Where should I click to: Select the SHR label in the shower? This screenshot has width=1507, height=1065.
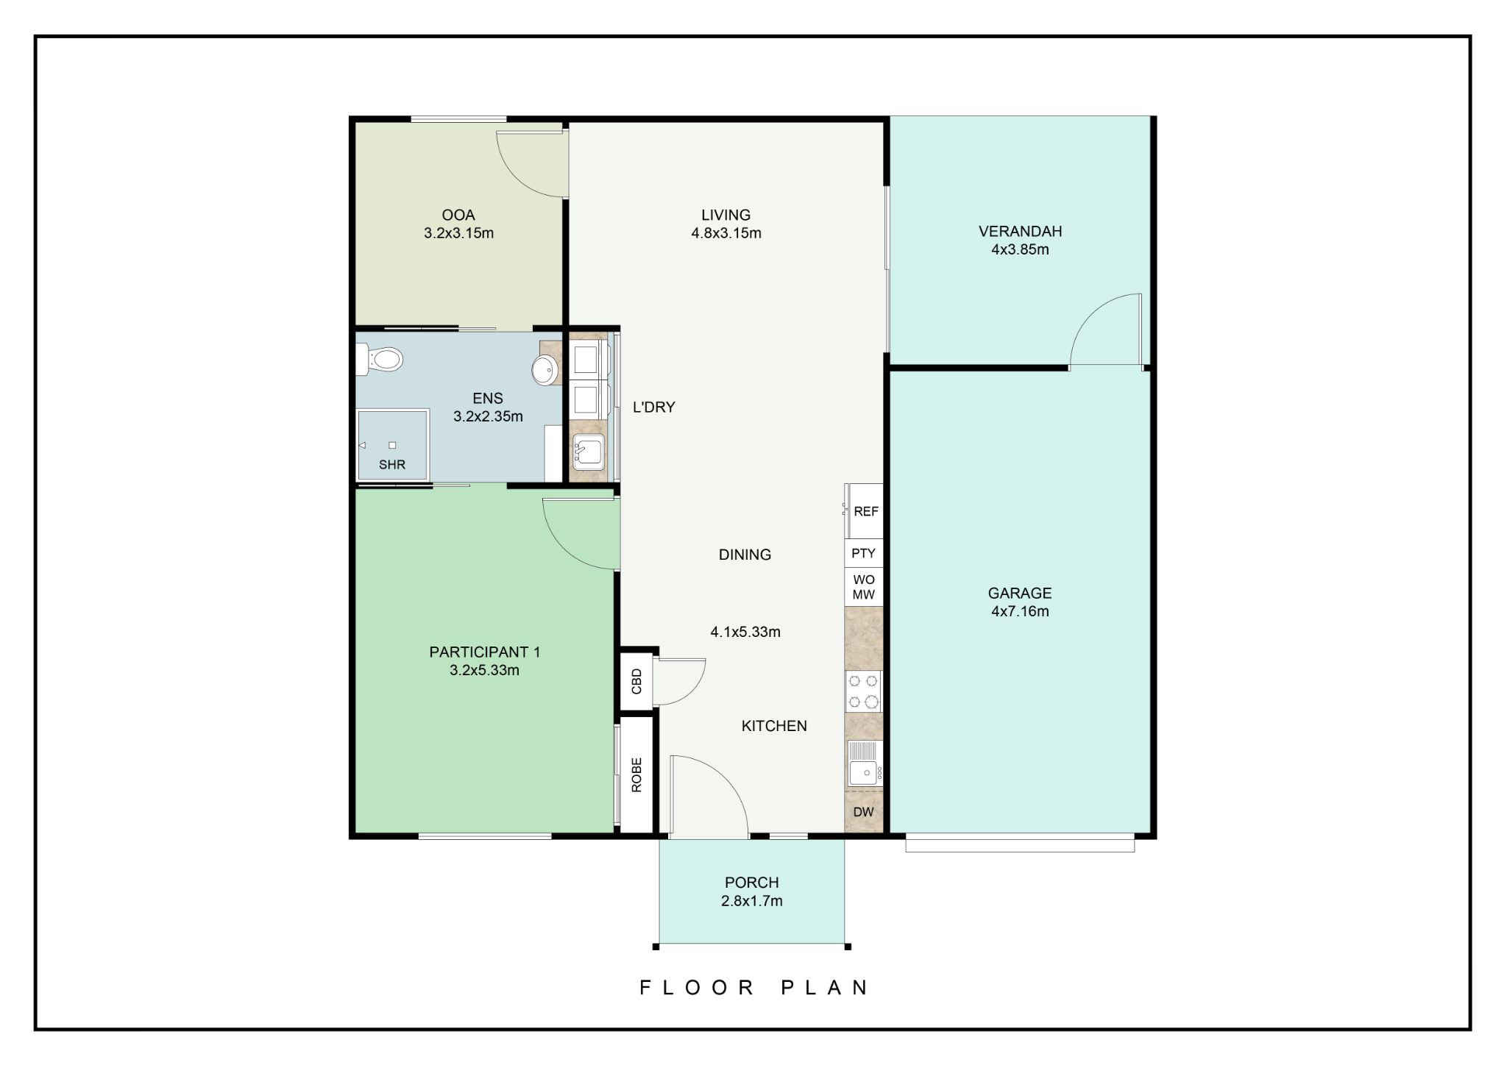coord(392,465)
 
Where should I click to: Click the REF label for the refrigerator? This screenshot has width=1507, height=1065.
coord(866,511)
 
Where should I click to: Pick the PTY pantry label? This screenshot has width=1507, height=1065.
coord(863,553)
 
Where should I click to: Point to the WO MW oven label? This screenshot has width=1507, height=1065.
coord(864,587)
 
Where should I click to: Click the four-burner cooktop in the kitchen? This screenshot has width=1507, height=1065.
coord(863,691)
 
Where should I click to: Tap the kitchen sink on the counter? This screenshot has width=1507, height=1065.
coord(865,763)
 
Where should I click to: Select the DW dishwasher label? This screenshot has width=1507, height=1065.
coord(863,812)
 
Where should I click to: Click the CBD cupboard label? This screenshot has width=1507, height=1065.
coord(637,681)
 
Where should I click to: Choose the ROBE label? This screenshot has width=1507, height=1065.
coord(637,774)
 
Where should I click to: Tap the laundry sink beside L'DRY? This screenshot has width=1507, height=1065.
coord(588,450)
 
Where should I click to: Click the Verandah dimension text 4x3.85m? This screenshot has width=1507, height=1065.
coord(1020,249)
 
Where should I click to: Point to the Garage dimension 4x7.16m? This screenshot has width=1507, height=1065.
coord(1020,611)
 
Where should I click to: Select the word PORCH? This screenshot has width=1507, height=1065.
coord(751,883)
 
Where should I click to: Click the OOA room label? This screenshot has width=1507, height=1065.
coord(458,216)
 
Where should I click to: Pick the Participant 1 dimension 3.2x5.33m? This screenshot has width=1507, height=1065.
coord(484,670)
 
